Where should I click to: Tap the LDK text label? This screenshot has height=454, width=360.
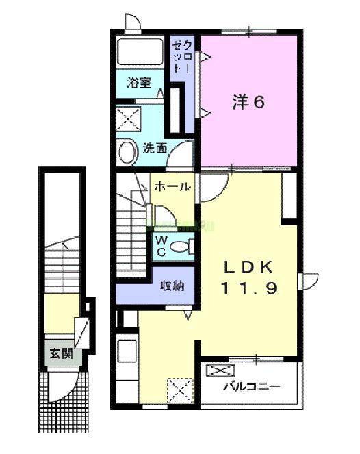coord(248,266)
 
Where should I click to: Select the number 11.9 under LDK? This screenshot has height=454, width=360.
coord(248,288)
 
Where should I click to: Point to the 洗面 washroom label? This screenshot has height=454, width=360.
coord(154,147)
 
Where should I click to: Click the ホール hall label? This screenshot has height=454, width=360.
coord(171,186)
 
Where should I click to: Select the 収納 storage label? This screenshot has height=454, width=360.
coord(171,286)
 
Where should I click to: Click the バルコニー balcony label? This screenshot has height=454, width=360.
coord(252,387)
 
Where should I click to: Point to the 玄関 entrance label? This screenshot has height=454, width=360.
coord(58,353)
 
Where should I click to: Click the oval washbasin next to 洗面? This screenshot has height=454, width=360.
coord(126,152)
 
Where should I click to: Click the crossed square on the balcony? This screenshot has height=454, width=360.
coord(219,372)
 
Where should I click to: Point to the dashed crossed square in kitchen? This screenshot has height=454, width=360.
coord(180,392)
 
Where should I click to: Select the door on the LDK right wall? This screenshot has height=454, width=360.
coord(309,281)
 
